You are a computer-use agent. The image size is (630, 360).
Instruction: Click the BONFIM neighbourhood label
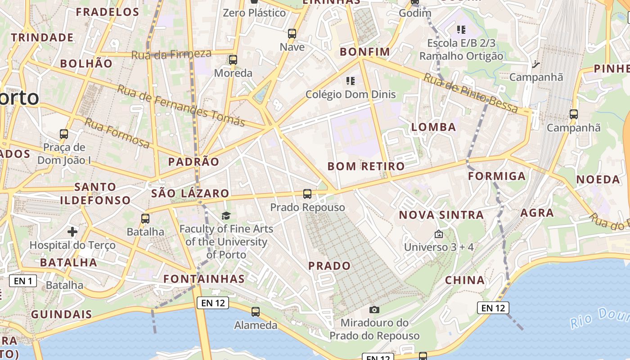pyautogui.click(x=365, y=52)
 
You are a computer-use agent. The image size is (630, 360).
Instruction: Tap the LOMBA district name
pyautogui.click(x=434, y=127)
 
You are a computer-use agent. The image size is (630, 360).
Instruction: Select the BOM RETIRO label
pyautogui.click(x=366, y=166)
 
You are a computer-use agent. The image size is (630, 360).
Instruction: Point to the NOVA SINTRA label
pyautogui.click(x=441, y=215)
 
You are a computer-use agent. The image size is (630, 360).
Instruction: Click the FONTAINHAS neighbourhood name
pyautogui.click(x=204, y=279)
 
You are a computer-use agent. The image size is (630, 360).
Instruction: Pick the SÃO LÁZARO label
pyautogui.click(x=190, y=193)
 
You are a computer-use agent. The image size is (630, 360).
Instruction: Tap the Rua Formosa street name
pyautogui.click(x=117, y=133)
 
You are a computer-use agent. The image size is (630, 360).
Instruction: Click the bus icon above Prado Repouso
pyautogui.click(x=307, y=194)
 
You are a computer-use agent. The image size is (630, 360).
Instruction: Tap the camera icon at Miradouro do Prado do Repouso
pyautogui.click(x=374, y=310)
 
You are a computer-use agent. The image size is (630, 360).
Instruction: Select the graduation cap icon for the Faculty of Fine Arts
pyautogui.click(x=226, y=216)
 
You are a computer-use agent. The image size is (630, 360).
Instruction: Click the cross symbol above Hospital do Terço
pyautogui.click(x=72, y=232)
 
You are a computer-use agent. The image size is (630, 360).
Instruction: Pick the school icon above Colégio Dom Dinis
pyautogui.click(x=351, y=81)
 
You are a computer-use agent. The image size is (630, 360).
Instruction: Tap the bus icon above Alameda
pyautogui.click(x=256, y=311)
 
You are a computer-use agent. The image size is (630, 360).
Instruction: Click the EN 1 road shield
pyautogui.click(x=23, y=281)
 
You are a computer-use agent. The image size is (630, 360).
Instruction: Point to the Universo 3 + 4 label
pyautogui.click(x=439, y=247)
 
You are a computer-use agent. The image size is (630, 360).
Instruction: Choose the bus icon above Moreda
pyautogui.click(x=233, y=59)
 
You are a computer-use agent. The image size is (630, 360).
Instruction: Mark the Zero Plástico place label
pyautogui.click(x=255, y=13)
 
